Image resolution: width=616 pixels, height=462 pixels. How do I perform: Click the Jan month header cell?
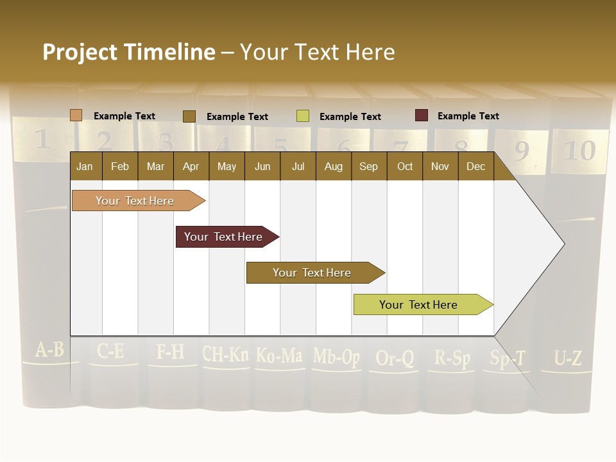pos(85,166)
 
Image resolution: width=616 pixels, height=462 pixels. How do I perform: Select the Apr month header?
pos(191,166)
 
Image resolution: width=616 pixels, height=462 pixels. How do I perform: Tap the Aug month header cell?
pos(333,166)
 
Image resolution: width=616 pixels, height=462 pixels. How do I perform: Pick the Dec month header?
pos(475,166)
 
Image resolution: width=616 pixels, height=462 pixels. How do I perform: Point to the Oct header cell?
pos(405,166)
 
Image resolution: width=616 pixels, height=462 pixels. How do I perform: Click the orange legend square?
pos(76,116)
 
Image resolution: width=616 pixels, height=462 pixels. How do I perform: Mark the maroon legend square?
pos(422,116)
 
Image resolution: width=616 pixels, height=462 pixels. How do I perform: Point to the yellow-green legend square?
pos(303,116)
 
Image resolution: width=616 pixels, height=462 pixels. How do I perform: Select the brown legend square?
pos(189,116)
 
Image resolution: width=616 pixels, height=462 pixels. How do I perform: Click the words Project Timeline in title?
pos(129,52)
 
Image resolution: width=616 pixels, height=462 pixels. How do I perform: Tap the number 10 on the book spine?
pos(579,151)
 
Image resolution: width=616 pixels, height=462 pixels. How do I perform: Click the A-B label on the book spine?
pos(49,350)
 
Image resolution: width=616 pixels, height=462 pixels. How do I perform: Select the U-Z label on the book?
pos(568,358)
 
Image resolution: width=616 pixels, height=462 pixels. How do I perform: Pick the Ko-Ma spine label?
pos(279,355)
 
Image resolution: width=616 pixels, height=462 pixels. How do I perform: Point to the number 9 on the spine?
pos(521,151)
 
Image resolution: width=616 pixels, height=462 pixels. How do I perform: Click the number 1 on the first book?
pos(42,139)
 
